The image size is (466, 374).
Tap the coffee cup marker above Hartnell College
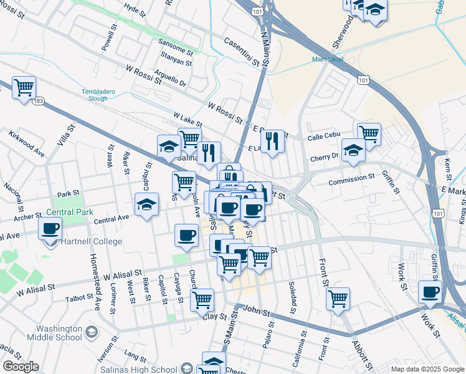(x=50, y=228)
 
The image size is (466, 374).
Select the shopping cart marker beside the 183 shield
(x=24, y=87)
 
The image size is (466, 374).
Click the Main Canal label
(x=327, y=60)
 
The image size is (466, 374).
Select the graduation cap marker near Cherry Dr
(x=353, y=150)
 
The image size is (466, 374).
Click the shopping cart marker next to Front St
(x=338, y=298)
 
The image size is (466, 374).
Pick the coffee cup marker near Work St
(x=430, y=291)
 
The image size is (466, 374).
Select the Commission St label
(x=351, y=176)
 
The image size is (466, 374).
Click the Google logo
(x=20, y=367)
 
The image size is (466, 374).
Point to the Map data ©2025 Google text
(x=427, y=369)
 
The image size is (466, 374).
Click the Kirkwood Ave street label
(x=27, y=143)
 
